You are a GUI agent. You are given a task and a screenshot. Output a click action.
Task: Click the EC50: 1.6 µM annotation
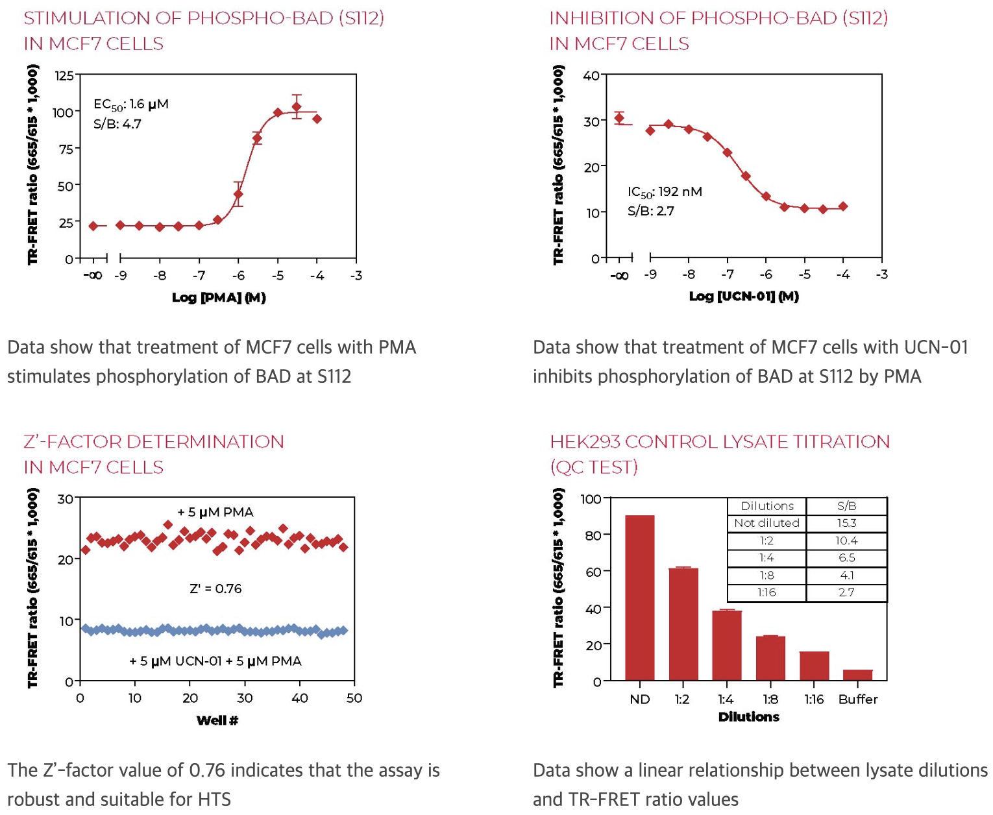(130, 104)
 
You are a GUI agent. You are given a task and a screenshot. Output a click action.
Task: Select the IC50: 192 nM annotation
(665, 192)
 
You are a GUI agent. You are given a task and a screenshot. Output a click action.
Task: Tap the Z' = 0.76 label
(215, 589)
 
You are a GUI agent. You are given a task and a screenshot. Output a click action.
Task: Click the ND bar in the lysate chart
(639, 597)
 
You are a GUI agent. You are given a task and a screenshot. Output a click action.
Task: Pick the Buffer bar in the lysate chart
(857, 675)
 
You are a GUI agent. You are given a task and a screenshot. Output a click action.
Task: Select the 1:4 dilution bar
(726, 645)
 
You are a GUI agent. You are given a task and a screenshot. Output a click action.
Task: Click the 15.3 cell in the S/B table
(846, 523)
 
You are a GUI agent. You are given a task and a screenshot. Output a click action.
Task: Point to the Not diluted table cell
(766, 523)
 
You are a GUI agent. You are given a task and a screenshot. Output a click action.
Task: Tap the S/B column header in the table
(846, 506)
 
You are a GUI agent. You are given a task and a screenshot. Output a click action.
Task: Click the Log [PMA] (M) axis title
(219, 298)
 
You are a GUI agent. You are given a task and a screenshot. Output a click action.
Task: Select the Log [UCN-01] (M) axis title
(744, 297)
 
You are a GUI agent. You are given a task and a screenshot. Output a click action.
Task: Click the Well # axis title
(217, 720)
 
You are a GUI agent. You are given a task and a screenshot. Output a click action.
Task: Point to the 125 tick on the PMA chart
(64, 76)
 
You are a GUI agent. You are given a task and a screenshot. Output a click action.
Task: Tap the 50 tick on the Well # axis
(354, 698)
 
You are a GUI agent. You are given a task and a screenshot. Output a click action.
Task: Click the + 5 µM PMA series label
(215, 513)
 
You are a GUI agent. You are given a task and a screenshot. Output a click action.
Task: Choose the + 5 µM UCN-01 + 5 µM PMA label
(215, 661)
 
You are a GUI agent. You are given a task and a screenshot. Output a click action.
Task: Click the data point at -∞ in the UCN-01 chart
(619, 118)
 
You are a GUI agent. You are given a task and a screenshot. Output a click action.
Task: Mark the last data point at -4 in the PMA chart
(317, 119)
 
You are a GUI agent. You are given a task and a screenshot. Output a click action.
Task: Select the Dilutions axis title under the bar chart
(748, 717)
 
